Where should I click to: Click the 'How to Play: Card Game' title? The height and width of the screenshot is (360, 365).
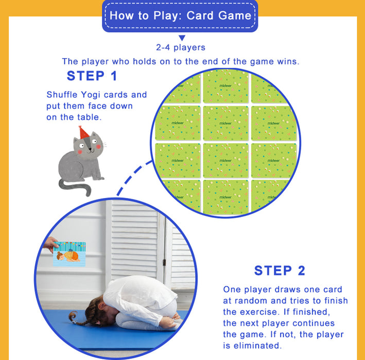[180, 15]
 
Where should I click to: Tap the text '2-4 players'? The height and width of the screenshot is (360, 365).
[181, 47]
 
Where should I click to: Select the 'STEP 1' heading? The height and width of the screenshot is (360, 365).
[92, 76]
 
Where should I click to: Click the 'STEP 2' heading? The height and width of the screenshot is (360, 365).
[280, 271]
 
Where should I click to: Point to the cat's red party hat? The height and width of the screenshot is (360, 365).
[83, 132]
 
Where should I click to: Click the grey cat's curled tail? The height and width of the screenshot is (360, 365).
[75, 187]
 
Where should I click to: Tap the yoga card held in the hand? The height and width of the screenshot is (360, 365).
[69, 254]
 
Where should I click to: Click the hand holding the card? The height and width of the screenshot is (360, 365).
[50, 244]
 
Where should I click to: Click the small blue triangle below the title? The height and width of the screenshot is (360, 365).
[182, 38]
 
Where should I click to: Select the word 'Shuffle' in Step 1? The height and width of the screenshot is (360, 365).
[62, 95]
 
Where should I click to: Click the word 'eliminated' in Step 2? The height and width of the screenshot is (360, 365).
[258, 346]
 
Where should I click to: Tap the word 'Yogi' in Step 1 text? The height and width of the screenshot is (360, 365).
[91, 95]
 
